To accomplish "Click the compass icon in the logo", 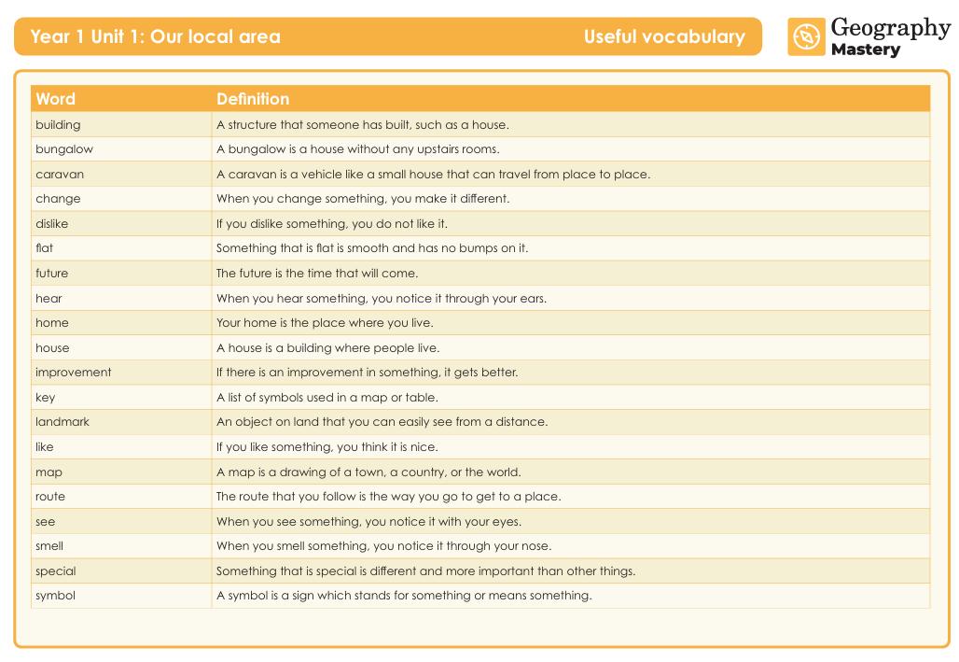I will pyautogui.click(x=806, y=37).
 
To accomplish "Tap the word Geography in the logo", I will pyautogui.click(x=890, y=28).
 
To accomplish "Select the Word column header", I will pyautogui.click(x=55, y=99).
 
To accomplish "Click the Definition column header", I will pyautogui.click(x=253, y=99).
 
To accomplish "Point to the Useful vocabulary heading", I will pyautogui.click(x=664, y=37).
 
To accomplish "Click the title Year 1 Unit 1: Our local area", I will pyautogui.click(x=155, y=37).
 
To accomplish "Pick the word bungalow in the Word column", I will pyautogui.click(x=64, y=149).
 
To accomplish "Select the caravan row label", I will pyautogui.click(x=60, y=174).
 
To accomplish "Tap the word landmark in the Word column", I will pyautogui.click(x=63, y=422).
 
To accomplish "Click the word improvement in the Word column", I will pyautogui.click(x=73, y=373).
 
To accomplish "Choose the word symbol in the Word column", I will pyautogui.click(x=55, y=596).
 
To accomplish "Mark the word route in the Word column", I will pyautogui.click(x=50, y=497).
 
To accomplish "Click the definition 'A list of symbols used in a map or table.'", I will pyautogui.click(x=327, y=398).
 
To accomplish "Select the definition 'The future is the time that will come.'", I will pyautogui.click(x=317, y=274).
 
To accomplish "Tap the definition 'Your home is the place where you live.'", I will pyautogui.click(x=325, y=323).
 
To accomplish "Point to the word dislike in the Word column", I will pyautogui.click(x=51, y=224).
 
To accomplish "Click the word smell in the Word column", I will pyautogui.click(x=49, y=546).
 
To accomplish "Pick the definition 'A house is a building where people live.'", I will pyautogui.click(x=327, y=348).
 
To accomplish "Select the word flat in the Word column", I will pyautogui.click(x=44, y=248).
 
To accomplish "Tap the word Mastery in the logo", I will pyautogui.click(x=865, y=50).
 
